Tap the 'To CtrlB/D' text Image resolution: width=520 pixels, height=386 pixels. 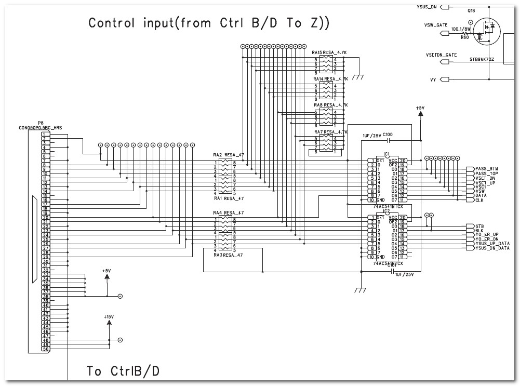coord(123,371)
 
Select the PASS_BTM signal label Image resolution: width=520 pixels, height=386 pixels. coord(486,169)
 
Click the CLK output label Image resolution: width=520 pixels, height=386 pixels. coord(479,200)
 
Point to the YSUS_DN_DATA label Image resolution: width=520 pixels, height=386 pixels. coord(492,248)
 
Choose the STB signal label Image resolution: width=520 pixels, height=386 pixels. coord(479,227)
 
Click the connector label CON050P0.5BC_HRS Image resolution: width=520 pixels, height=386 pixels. coord(41,127)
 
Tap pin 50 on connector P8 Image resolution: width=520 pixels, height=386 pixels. coord(46,349)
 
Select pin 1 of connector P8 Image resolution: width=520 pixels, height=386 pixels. coord(46,134)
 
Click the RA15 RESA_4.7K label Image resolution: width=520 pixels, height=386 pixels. coord(329,53)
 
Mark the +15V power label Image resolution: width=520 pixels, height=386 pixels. coord(109,316)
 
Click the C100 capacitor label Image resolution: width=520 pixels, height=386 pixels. coord(388,135)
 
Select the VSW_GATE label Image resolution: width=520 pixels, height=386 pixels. coord(435,25)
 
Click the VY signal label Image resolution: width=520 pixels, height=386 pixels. coord(433,79)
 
